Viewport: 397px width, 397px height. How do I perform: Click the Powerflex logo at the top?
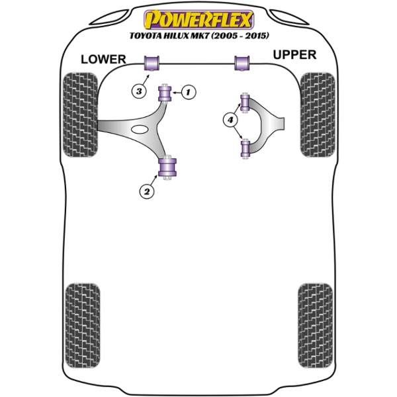(x=198, y=19)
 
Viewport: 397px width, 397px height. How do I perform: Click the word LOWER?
(x=103, y=60)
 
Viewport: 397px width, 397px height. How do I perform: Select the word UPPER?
(x=294, y=55)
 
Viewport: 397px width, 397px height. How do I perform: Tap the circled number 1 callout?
(x=188, y=93)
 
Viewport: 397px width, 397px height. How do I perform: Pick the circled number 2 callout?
(x=147, y=191)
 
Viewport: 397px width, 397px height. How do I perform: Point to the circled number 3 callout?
(x=139, y=91)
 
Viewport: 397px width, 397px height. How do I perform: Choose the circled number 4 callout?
(x=230, y=120)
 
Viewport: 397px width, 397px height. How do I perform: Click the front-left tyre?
(x=80, y=114)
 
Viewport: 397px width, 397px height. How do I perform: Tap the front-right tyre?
(x=318, y=114)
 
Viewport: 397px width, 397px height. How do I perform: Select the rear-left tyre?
(x=83, y=326)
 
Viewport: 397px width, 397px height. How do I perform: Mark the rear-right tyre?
(x=315, y=326)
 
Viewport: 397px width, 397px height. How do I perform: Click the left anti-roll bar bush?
(x=152, y=63)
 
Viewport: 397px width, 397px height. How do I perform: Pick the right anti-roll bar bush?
(x=242, y=63)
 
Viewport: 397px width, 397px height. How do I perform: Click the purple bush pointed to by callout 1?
(x=165, y=93)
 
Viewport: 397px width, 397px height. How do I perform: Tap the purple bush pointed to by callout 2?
(x=167, y=167)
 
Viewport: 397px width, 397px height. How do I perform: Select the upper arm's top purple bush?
(x=245, y=103)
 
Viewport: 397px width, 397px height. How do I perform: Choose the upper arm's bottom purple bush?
(x=245, y=148)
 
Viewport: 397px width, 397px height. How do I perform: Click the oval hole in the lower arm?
(x=140, y=129)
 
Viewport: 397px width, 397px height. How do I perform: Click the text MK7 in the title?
(x=200, y=36)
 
